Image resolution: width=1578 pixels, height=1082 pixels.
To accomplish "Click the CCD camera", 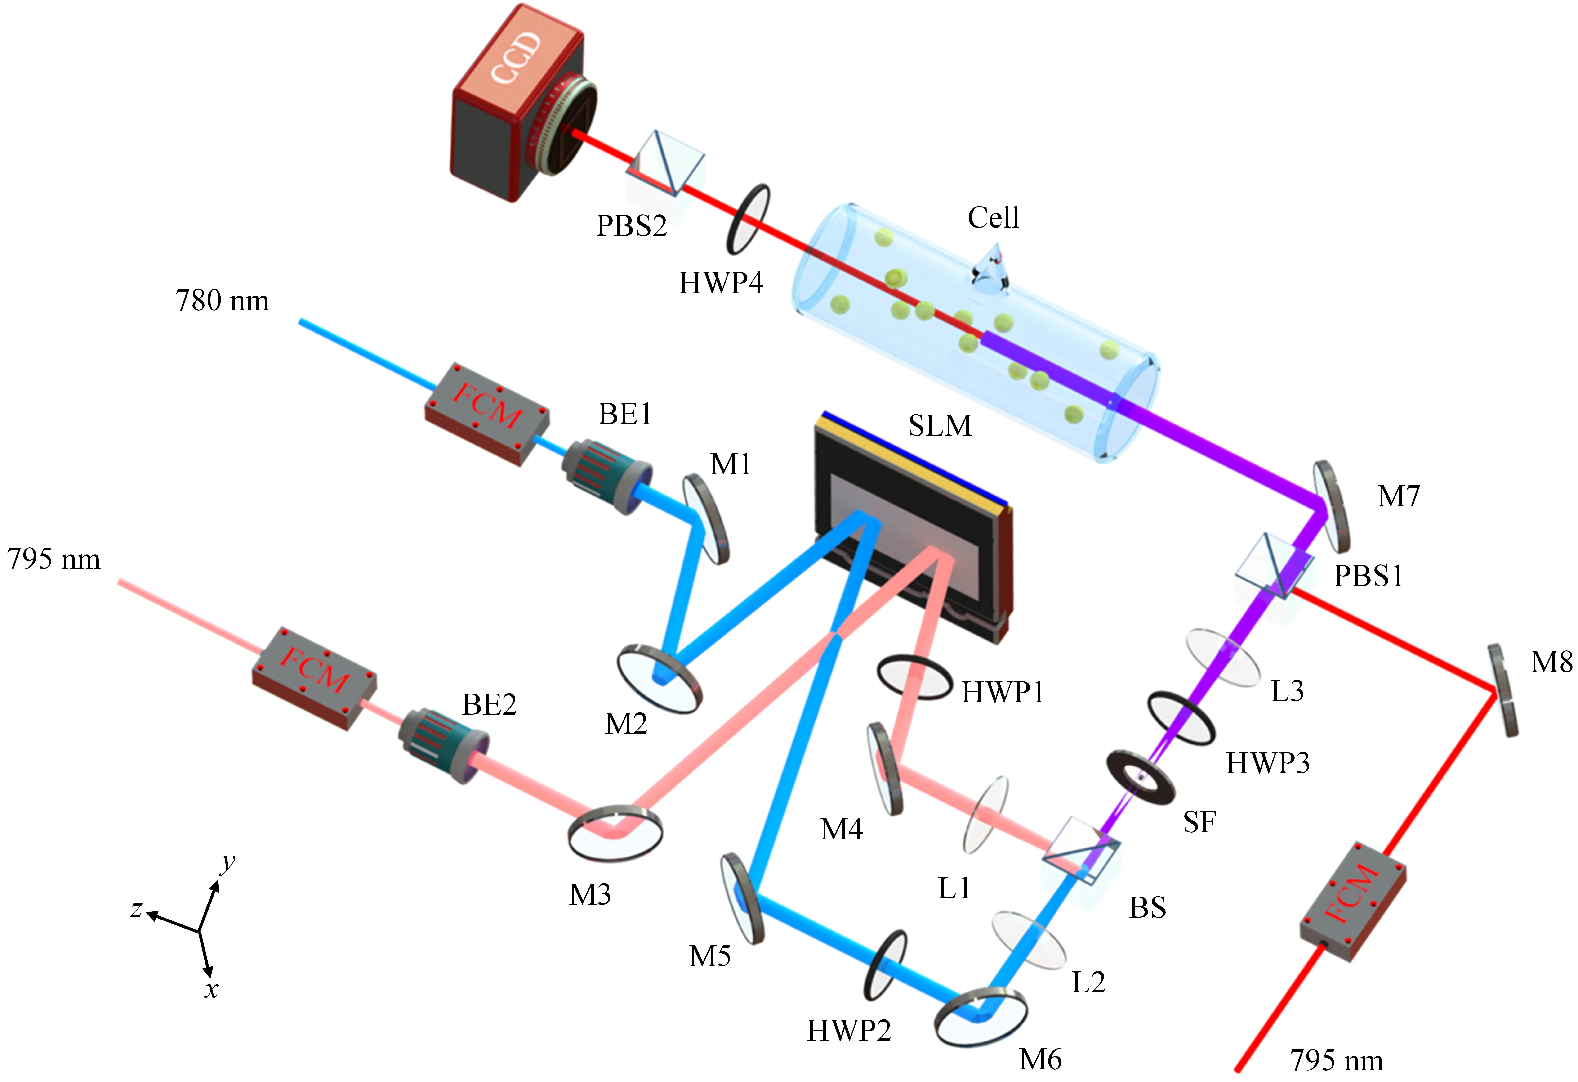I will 516,102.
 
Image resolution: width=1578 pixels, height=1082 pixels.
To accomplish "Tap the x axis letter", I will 211,990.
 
